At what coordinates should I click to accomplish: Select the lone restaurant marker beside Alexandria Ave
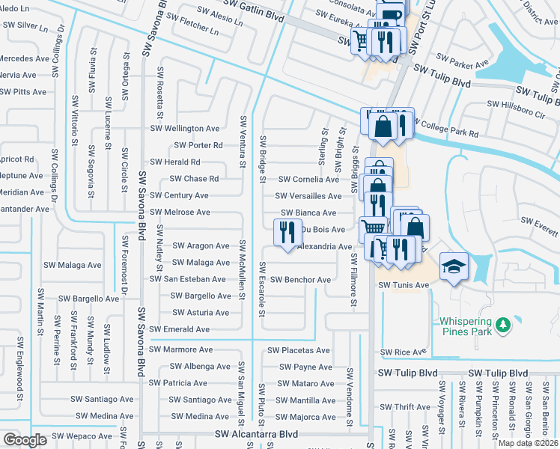click(x=285, y=233)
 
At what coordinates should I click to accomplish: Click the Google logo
click(x=25, y=440)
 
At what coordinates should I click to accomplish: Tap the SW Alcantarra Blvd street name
click(x=256, y=434)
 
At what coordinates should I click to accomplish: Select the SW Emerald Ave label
click(x=179, y=329)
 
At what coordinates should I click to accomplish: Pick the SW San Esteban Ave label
click(x=187, y=279)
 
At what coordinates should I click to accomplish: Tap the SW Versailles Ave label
click(x=309, y=196)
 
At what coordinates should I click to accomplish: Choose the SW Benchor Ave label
click(x=300, y=280)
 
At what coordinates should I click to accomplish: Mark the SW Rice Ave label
click(x=403, y=352)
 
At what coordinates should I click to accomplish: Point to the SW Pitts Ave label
click(x=23, y=92)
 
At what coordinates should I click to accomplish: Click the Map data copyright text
click(x=528, y=443)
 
